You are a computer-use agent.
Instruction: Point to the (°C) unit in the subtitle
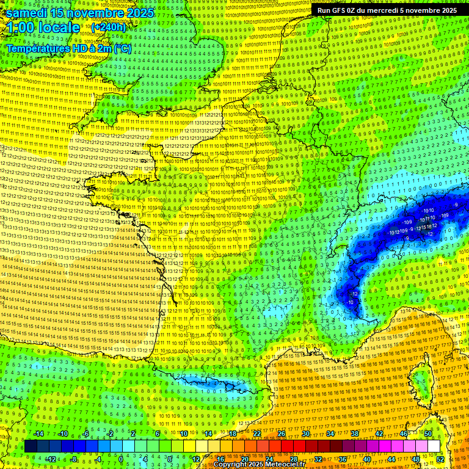click(122, 47)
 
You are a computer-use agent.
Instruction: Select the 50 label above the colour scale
click(428, 434)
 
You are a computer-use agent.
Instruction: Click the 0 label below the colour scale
click(121, 459)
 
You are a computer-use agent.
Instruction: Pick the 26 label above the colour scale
click(282, 434)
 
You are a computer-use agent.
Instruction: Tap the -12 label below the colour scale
click(51, 459)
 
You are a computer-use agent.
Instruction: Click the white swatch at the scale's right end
click(434, 446)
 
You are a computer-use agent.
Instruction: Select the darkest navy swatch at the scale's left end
click(31, 446)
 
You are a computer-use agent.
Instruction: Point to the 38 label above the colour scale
click(355, 434)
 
